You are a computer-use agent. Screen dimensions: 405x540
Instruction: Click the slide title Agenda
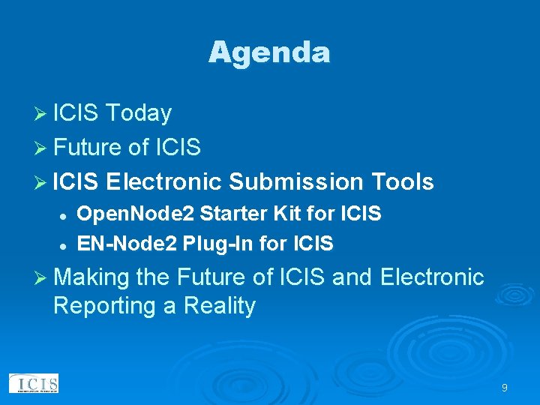(269, 52)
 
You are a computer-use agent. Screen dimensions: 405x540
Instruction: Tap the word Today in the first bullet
(139, 113)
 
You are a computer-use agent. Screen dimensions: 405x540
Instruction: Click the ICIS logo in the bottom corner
(34, 383)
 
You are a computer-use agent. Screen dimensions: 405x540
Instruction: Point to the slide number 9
(505, 388)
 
